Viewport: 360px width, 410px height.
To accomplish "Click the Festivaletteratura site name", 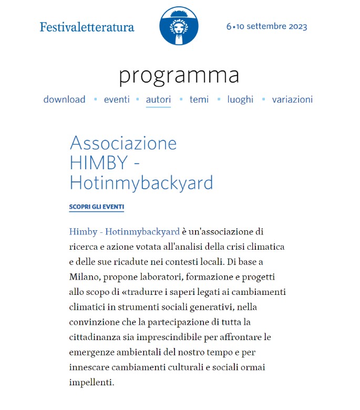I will [x=87, y=27].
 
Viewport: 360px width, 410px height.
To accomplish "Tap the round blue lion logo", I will [x=179, y=26].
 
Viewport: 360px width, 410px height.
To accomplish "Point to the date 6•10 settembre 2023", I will [x=266, y=27].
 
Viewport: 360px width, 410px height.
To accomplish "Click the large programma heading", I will [x=179, y=75].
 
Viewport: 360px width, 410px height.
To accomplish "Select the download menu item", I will [x=64, y=99].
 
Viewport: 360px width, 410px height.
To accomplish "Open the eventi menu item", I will [x=117, y=99].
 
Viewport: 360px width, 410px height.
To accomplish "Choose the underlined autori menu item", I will [x=158, y=99].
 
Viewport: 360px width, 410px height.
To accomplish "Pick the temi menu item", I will [x=199, y=99].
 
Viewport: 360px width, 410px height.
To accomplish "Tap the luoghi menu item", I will [x=240, y=99].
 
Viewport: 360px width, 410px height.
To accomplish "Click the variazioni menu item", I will [x=292, y=99].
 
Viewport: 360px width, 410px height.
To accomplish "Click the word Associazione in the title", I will [x=123, y=143].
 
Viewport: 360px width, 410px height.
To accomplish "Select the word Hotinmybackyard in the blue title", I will [x=141, y=182].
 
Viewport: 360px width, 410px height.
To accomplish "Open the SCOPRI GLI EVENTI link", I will [x=96, y=207].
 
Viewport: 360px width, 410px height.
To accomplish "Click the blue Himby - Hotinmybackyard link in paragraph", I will [x=124, y=232].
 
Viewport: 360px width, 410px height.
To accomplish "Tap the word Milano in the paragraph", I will [x=84, y=276].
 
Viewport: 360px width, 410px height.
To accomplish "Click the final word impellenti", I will [x=91, y=382].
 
